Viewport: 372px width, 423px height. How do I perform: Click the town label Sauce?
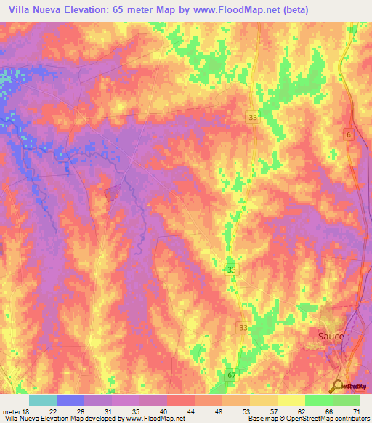click(x=331, y=337)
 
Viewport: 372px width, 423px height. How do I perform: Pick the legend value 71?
click(x=355, y=411)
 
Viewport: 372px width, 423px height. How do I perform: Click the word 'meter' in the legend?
click(x=11, y=411)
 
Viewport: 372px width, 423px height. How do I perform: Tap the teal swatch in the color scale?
click(x=43, y=400)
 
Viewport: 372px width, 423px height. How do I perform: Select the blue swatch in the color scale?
click(x=70, y=400)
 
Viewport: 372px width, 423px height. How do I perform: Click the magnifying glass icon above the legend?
click(x=339, y=386)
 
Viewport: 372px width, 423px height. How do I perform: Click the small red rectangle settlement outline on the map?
click(x=112, y=193)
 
